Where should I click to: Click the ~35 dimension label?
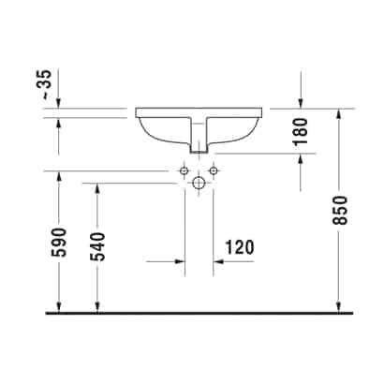(46, 84)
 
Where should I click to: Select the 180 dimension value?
(301, 131)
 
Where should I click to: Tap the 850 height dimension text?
(340, 210)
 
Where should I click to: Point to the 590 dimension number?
(60, 243)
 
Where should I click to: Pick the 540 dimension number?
(98, 246)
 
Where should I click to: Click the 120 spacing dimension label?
(240, 247)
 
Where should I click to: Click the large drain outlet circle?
(199, 183)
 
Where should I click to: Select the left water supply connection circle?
(184, 170)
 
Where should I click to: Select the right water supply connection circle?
(214, 170)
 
